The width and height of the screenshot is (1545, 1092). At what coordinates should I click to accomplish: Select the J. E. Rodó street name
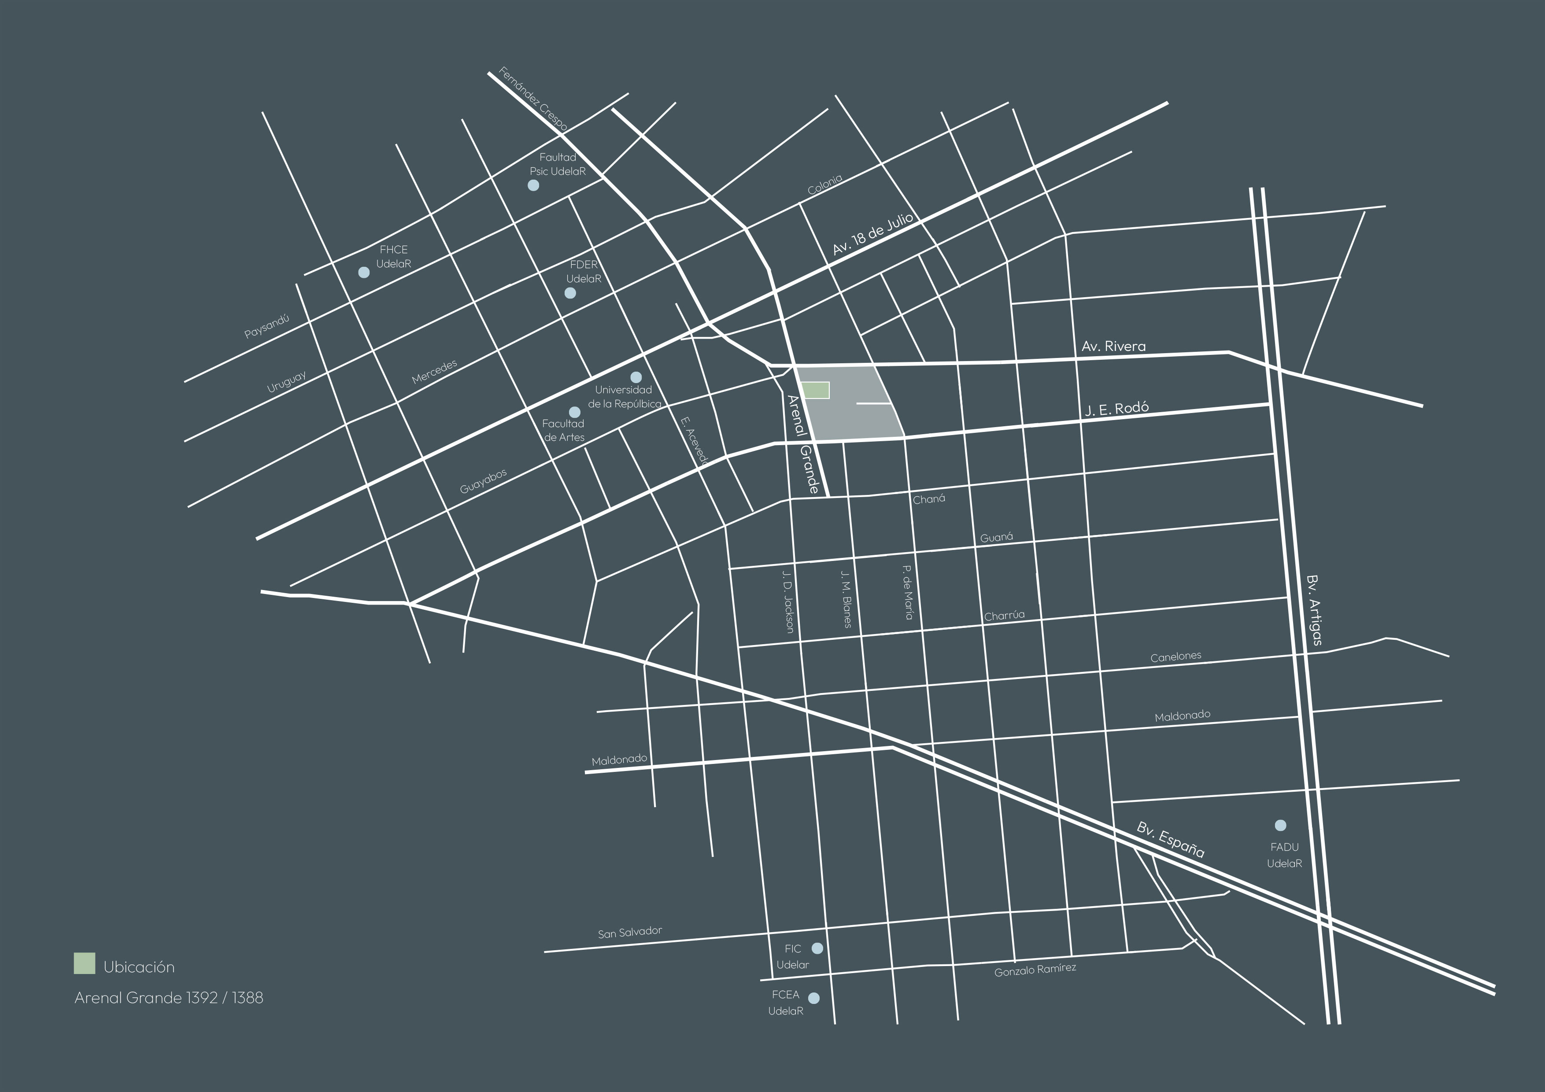pyautogui.click(x=1116, y=409)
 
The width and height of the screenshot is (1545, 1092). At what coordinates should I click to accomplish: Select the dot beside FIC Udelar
pyautogui.click(x=817, y=948)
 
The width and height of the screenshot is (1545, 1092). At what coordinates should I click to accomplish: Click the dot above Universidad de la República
pyautogui.click(x=636, y=377)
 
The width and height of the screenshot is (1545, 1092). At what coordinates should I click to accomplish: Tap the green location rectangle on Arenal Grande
pyautogui.click(x=816, y=390)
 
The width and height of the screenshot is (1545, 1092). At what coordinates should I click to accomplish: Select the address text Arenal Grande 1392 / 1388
pyautogui.click(x=169, y=998)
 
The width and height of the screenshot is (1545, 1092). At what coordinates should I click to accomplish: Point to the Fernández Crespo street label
pyautogui.click(x=533, y=99)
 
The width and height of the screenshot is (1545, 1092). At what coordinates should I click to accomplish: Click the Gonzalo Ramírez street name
pyautogui.click(x=1035, y=970)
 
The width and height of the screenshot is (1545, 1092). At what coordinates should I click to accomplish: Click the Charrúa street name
pyautogui.click(x=1004, y=616)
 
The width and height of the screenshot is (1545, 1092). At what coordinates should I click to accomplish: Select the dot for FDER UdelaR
pyautogui.click(x=570, y=293)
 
